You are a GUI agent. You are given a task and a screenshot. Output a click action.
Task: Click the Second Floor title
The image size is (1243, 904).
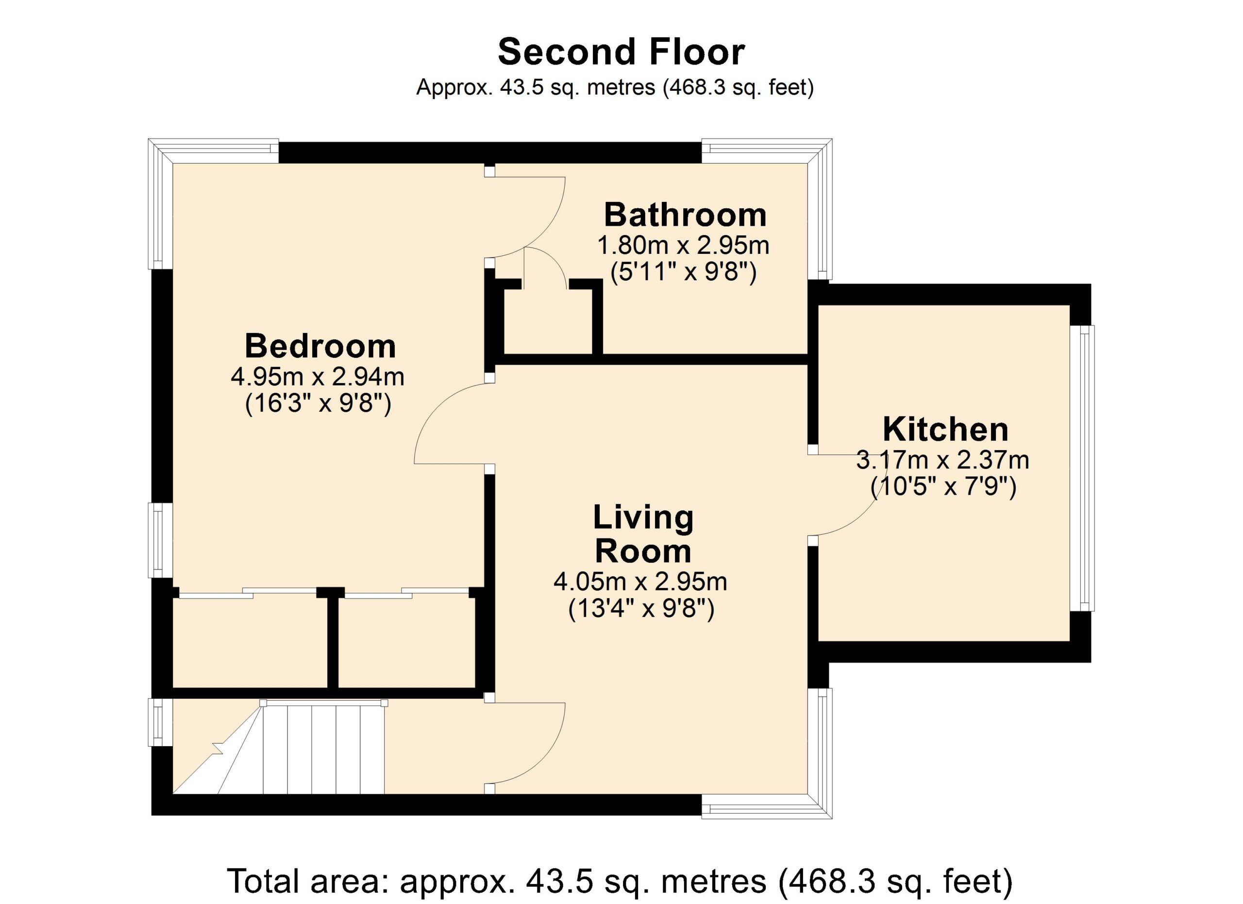click(x=621, y=52)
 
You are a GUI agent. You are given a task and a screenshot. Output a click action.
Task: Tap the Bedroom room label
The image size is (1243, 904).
click(x=320, y=346)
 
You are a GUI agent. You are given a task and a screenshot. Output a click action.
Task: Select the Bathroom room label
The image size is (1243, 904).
click(x=685, y=215)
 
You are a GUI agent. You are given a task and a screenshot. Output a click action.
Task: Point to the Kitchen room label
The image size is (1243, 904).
click(x=945, y=430)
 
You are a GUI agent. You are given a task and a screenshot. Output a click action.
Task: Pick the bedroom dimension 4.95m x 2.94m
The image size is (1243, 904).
click(x=318, y=377)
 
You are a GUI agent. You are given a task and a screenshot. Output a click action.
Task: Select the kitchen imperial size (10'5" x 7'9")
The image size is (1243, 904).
click(x=944, y=486)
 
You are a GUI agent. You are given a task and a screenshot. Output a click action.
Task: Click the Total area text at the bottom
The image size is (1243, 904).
click(x=620, y=881)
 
